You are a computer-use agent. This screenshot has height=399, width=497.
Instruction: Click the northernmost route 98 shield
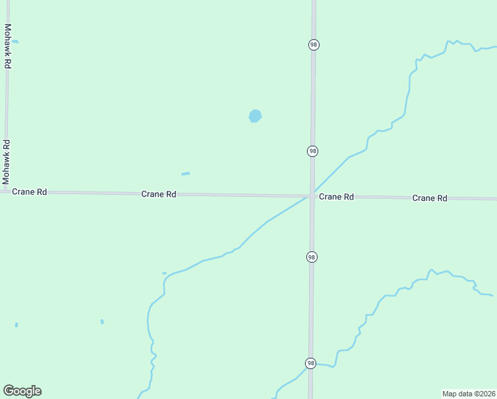click(314, 45)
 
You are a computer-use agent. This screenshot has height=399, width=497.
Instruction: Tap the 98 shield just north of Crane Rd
click(312, 151)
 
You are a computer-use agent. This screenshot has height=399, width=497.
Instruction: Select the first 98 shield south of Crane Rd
click(312, 257)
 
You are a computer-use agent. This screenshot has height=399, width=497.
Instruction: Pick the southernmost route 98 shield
click(310, 363)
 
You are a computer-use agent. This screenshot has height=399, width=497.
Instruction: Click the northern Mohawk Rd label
click(8, 46)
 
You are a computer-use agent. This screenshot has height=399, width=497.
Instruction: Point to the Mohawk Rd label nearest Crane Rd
click(6, 162)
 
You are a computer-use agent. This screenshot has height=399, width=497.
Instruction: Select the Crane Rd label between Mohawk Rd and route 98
click(158, 194)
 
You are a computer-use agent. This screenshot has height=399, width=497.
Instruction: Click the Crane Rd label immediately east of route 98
click(336, 197)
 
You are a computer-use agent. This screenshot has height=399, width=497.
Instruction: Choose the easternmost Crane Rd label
click(429, 198)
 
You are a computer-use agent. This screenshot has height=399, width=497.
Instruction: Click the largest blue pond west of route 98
click(255, 116)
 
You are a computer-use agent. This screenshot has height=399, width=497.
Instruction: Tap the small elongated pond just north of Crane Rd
click(185, 174)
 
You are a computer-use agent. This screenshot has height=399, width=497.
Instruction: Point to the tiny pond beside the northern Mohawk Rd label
click(15, 41)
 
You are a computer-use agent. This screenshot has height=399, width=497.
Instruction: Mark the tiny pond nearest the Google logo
click(16, 325)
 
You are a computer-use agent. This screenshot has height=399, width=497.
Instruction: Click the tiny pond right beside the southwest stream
click(164, 273)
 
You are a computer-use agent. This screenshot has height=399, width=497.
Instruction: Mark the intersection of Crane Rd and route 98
click(312, 196)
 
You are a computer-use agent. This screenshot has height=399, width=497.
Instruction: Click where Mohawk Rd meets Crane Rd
click(6, 192)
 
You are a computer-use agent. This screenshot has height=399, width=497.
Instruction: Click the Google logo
click(22, 391)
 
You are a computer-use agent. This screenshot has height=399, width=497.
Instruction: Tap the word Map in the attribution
click(450, 394)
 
